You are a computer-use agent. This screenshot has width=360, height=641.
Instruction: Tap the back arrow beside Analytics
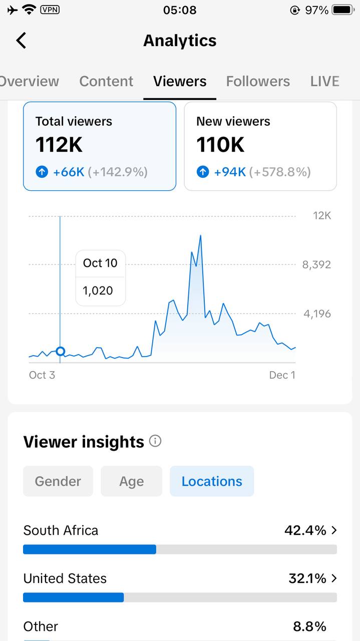coord(21,41)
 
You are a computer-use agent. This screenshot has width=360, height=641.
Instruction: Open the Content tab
coord(106,81)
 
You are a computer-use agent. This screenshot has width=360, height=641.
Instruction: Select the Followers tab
coord(258,81)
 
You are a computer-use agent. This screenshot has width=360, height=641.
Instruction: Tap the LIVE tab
coord(324,81)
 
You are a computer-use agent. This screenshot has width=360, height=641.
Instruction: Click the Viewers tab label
coord(180,81)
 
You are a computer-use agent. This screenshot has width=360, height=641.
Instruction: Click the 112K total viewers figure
coord(59,145)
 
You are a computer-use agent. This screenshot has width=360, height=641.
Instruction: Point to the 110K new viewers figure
coord(220,145)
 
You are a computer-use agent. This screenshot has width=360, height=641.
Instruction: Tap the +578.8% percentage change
coord(281,172)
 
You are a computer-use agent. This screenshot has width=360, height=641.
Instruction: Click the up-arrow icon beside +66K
coord(42,172)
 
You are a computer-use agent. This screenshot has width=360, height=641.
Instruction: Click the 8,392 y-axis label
coord(316,264)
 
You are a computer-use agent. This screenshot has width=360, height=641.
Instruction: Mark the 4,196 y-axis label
coord(317,314)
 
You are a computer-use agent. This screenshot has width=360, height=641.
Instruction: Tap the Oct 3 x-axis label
coord(42,375)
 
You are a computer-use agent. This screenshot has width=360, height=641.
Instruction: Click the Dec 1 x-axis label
coord(282,375)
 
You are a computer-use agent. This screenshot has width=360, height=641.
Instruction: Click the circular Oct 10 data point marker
coord(61,351)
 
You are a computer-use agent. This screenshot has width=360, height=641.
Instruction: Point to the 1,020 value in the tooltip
coord(98,291)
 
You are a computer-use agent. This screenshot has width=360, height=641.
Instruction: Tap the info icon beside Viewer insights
coord(155,441)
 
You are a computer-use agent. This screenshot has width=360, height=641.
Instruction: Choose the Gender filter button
coord(58,481)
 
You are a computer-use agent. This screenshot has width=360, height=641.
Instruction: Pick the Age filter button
coord(131,481)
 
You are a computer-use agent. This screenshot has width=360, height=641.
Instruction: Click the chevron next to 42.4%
coord(334,530)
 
